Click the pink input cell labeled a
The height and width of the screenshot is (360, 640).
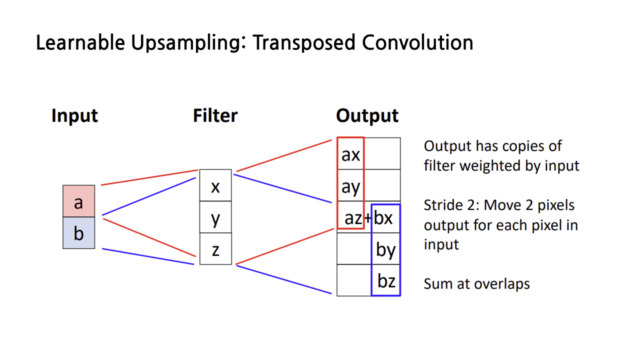coord(78,201)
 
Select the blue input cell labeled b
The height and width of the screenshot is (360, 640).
coord(78,233)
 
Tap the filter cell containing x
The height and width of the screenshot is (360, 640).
coord(215,185)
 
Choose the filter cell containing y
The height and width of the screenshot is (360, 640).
coord(215,217)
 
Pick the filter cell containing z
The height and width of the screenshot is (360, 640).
coord(215,249)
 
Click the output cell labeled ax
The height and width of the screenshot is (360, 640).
coord(350,154)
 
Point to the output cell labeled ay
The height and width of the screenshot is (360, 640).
coord(350,186)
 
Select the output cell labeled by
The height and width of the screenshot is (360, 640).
coord(385,249)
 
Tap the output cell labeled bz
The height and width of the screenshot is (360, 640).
coord(385,280)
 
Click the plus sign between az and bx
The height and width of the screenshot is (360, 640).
coord(367,218)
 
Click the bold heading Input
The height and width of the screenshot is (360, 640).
coord(74,115)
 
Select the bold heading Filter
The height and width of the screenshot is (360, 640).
coord(215,115)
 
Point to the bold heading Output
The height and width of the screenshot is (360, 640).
coord(367,115)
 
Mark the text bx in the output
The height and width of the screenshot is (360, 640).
coord(383,218)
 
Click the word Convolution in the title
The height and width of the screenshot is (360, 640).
coord(417,43)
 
